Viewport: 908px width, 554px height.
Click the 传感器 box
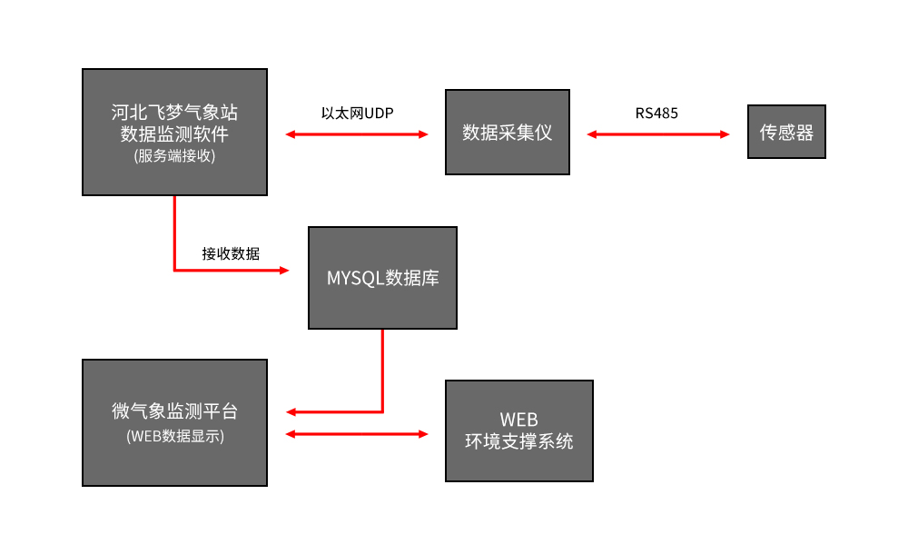coord(786,132)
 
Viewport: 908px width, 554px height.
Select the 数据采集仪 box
coord(507,132)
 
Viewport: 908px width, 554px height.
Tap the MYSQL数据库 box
coord(382,278)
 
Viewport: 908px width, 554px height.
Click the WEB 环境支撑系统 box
coord(518,430)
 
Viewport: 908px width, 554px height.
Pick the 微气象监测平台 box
coord(174,422)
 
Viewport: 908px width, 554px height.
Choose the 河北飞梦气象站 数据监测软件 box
coord(174,132)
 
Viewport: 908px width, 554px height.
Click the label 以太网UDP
coord(357,114)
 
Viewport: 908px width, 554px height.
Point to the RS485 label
coord(656,114)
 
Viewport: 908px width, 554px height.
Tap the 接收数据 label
coord(231,253)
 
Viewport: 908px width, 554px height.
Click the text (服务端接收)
coord(174,155)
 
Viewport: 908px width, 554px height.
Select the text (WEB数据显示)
coord(175,436)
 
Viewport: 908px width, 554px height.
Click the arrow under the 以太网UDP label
coord(357,134)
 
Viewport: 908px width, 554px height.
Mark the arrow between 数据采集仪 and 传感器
coord(658,134)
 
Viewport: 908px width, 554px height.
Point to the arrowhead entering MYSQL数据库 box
coord(284,271)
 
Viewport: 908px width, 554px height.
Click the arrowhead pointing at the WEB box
coord(422,434)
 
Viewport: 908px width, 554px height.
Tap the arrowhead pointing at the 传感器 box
coord(725,134)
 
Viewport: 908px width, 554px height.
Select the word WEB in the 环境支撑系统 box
coord(518,420)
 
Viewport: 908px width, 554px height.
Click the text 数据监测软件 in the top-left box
coord(174,134)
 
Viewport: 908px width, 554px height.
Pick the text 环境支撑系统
coord(518,442)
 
